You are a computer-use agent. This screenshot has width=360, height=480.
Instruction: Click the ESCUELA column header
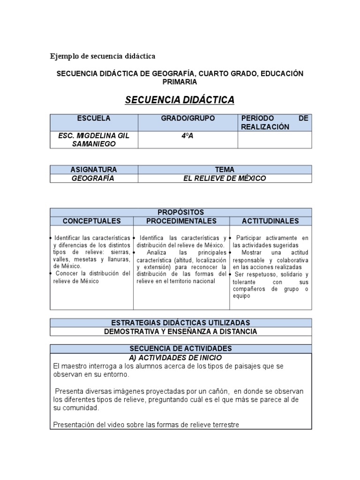pos(94,119)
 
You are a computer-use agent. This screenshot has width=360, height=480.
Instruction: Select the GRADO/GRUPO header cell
pos(188,119)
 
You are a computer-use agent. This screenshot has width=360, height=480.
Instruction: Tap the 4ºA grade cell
pos(188,135)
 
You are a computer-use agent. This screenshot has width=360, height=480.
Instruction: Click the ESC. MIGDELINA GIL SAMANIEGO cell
pos(94,139)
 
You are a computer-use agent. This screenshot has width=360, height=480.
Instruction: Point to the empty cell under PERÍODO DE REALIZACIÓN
pos(275,139)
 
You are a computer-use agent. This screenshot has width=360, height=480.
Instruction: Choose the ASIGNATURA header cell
pos(94,169)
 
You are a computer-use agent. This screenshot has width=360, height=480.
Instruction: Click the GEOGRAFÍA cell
pos(94,178)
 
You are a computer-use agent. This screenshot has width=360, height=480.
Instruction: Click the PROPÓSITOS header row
pos(180,212)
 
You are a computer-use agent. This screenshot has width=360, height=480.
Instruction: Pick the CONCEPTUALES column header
pos(92,221)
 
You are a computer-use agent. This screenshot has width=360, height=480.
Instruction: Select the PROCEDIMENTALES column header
pos(181,221)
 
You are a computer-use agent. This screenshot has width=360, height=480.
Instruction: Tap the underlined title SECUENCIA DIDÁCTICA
pos(180,100)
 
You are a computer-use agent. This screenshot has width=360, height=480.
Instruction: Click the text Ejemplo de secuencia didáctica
pos(103,56)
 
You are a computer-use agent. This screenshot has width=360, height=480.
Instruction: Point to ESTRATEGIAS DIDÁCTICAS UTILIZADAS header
pos(180,322)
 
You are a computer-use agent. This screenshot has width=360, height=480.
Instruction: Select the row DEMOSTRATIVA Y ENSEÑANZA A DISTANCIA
pos(180,331)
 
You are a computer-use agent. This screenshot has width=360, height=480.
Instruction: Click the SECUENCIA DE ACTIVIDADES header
pos(180,349)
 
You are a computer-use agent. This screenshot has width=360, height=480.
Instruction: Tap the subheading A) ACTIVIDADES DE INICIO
pos(180,358)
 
